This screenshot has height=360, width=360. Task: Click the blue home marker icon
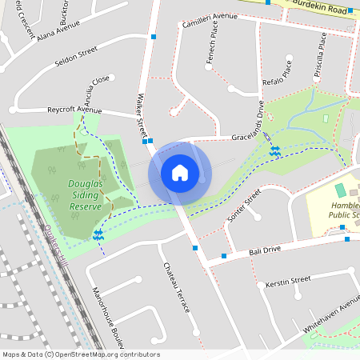(x=180, y=172)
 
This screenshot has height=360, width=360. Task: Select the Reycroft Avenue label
(x=74, y=109)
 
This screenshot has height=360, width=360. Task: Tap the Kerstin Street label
(x=290, y=281)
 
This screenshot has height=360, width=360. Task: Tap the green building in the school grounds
(x=340, y=190)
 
